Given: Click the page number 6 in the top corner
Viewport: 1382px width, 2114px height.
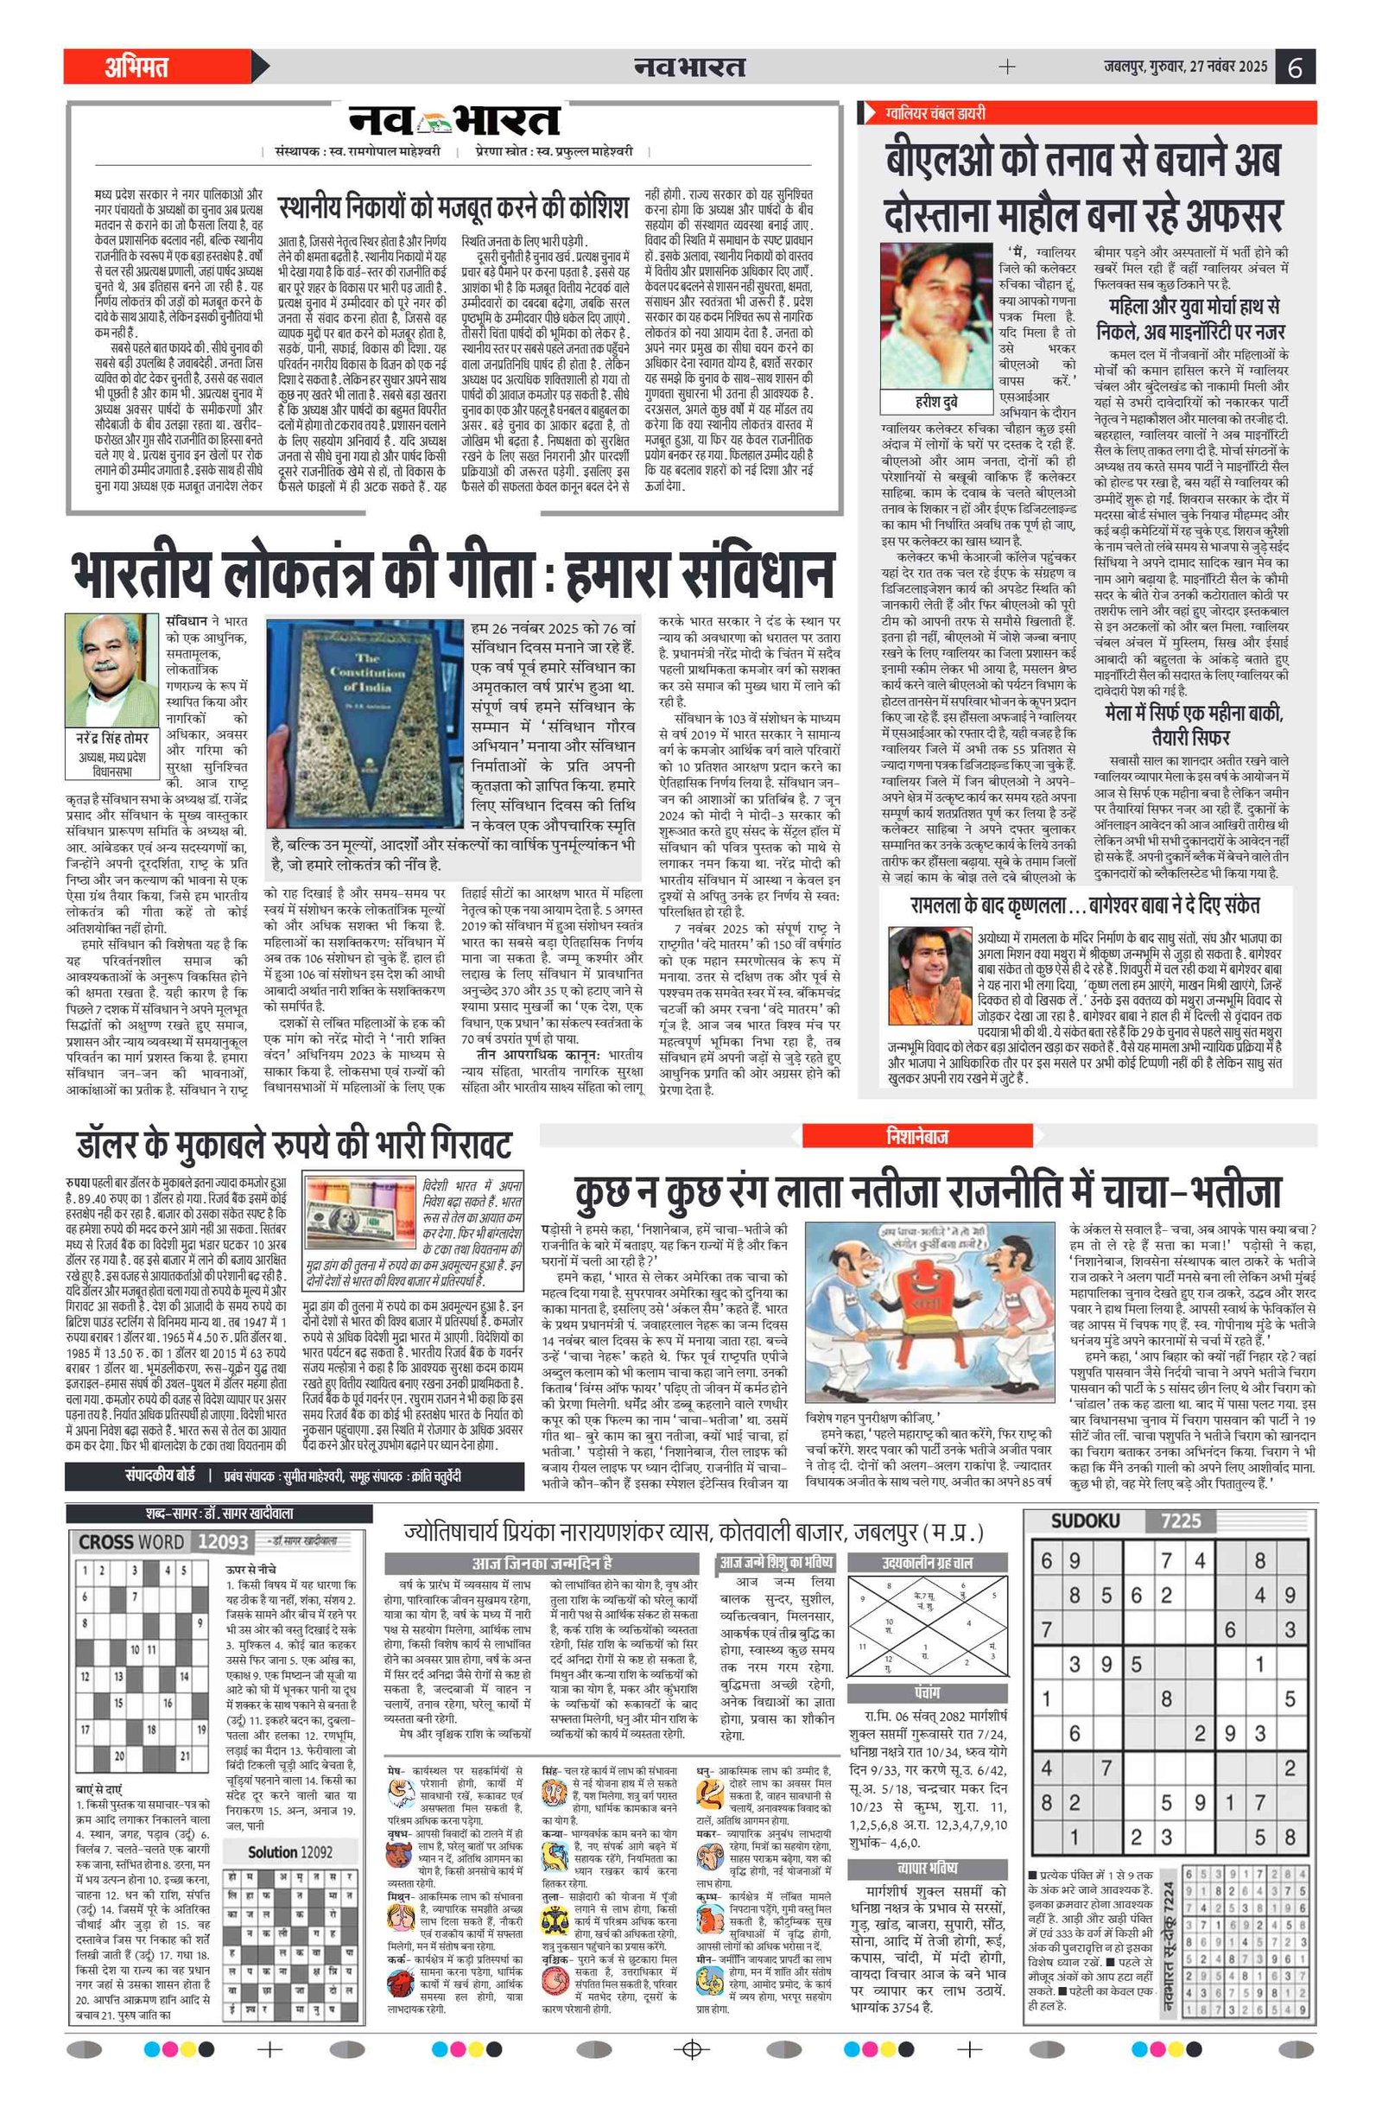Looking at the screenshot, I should click(1295, 67).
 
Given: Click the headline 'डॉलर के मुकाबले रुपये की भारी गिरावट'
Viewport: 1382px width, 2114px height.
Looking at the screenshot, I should click(294, 1145).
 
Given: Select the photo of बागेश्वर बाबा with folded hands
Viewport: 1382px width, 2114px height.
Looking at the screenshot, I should click(929, 976).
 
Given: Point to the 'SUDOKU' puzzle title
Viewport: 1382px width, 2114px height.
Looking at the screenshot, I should click(1085, 1521).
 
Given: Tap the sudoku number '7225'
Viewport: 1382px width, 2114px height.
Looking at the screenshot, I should click(1181, 1521).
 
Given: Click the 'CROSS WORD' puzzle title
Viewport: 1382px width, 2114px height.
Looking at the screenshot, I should click(131, 1542).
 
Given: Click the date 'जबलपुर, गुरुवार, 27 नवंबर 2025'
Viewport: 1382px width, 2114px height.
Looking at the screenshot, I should click(1185, 67).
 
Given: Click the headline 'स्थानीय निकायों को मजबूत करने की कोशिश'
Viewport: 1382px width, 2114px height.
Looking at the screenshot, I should click(453, 207).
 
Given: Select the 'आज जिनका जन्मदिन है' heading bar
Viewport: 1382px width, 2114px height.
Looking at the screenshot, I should click(542, 1564).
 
